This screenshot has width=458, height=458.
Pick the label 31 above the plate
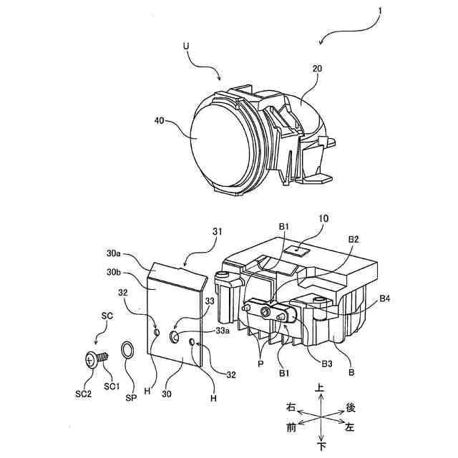218,231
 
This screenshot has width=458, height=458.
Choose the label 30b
114,273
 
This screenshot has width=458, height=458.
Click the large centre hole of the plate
175,336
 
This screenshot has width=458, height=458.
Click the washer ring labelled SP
127,351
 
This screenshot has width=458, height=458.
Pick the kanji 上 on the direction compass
321,387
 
